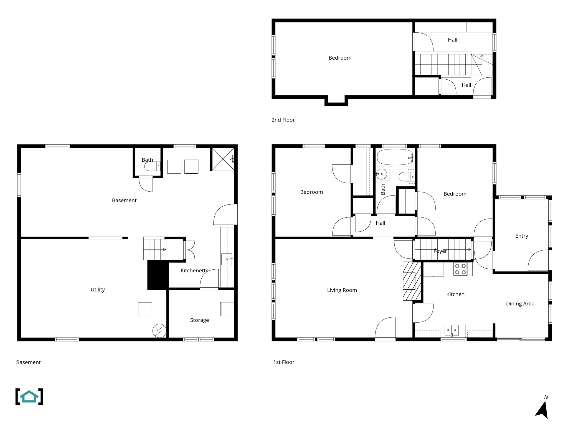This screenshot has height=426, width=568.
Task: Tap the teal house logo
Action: click(29, 396)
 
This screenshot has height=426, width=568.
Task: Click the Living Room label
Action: click(342, 290)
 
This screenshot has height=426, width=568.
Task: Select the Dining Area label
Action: click(520, 303)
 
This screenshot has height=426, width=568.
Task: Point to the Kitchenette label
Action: click(194, 270)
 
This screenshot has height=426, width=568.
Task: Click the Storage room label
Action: click(199, 320)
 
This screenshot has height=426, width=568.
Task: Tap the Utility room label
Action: click(98, 290)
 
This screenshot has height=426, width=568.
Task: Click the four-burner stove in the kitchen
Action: click(460, 269)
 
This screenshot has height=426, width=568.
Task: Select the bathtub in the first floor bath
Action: click(395, 157)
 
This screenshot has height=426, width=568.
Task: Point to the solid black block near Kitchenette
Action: click(158, 275)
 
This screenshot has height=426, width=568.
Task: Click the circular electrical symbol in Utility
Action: click(159, 331)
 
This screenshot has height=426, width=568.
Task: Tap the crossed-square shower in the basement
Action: click(223, 159)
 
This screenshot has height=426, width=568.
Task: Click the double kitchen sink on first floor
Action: click(452, 330)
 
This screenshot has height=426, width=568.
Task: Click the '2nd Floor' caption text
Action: click(283, 120)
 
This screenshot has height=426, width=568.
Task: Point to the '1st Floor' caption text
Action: click(284, 362)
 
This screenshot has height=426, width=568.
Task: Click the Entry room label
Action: click(521, 236)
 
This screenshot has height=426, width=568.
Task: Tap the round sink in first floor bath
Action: click(382, 174)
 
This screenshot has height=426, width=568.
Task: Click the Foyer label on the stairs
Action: click(440, 251)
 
